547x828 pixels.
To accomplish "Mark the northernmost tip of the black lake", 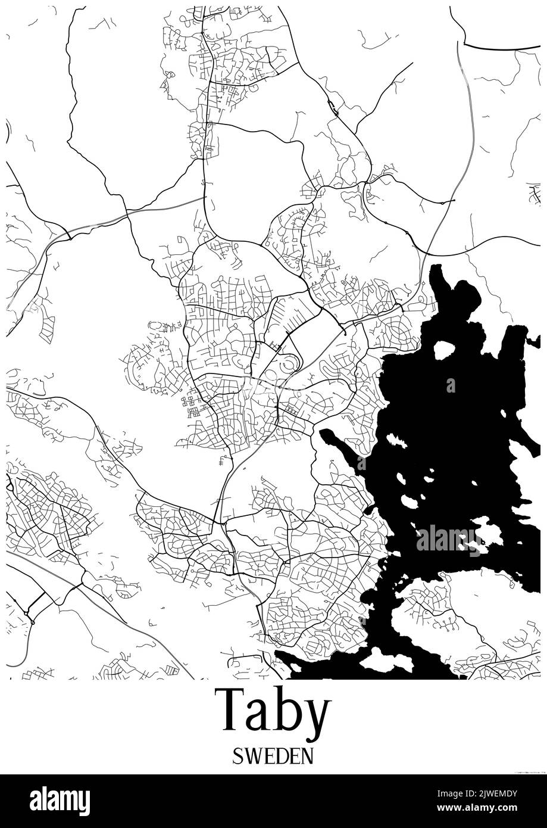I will pyautogui.click(x=437, y=267).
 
